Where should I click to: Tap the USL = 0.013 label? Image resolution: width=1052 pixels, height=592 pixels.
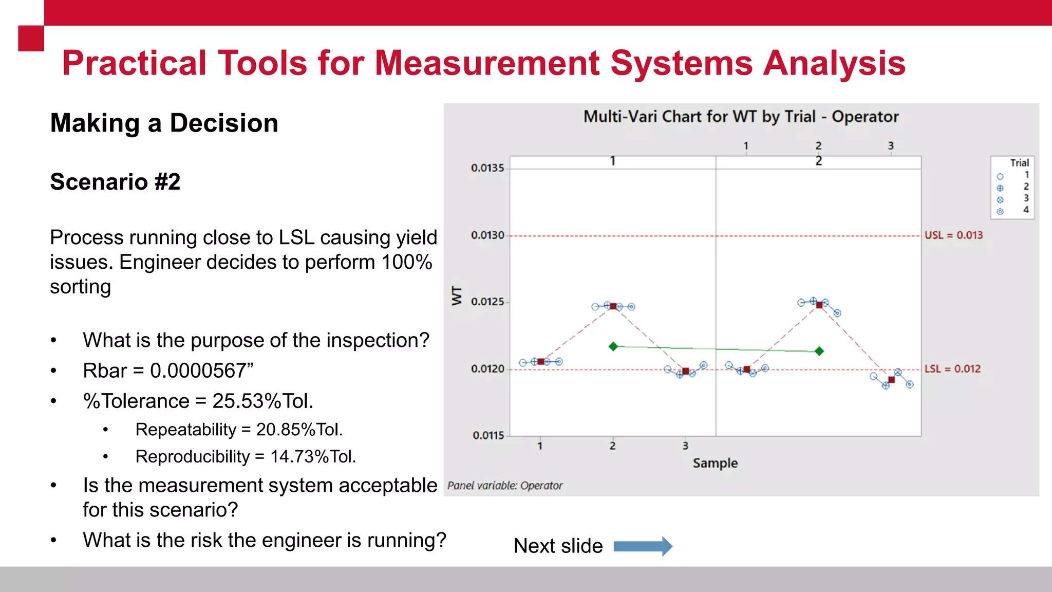(953, 235)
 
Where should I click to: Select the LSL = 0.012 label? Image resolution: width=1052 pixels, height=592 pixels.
(952, 369)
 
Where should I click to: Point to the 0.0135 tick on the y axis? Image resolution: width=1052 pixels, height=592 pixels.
(487, 168)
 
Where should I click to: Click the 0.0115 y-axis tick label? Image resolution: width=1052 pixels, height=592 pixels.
(488, 436)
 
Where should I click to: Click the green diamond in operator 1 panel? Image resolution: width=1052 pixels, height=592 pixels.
(613, 346)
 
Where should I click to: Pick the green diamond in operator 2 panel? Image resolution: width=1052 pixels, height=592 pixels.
(819, 351)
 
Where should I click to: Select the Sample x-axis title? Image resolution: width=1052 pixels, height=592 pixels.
(715, 463)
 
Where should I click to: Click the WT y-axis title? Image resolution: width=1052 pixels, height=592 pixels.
(457, 296)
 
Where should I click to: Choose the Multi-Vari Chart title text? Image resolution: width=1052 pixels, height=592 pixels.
(741, 117)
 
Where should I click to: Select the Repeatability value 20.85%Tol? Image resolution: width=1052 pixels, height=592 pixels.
(299, 430)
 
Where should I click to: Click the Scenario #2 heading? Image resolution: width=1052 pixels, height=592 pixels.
(115, 182)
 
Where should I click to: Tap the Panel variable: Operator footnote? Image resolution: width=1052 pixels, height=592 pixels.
(505, 486)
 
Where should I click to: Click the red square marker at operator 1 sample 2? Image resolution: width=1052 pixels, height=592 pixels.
(613, 306)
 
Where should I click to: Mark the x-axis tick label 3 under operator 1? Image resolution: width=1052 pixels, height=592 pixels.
(685, 446)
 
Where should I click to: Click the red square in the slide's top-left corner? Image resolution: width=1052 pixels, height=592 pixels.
(31, 39)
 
